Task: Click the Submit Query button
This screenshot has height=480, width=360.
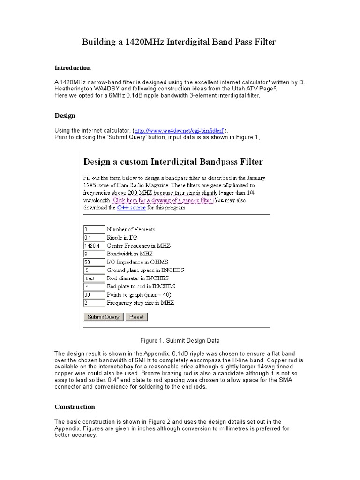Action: [103, 317]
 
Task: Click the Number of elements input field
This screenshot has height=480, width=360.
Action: [94, 229]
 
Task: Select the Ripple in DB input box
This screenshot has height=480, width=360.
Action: [94, 238]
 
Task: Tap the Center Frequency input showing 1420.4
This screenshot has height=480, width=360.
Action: [94, 246]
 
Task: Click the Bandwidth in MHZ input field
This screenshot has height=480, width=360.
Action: [94, 254]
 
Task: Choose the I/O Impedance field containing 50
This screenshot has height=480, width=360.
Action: [94, 262]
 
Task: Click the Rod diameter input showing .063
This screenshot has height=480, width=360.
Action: [94, 278]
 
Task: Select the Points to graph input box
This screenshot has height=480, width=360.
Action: [94, 295]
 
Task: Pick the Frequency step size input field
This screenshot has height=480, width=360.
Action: [94, 303]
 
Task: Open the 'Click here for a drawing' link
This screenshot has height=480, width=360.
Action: [163, 200]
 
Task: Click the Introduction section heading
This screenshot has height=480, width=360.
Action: [73, 68]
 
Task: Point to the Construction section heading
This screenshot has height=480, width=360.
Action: [75, 407]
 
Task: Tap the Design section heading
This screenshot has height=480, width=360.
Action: [65, 115]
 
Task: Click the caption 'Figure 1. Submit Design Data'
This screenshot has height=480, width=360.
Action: [180, 340]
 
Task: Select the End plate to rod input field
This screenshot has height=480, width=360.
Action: [94, 286]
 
